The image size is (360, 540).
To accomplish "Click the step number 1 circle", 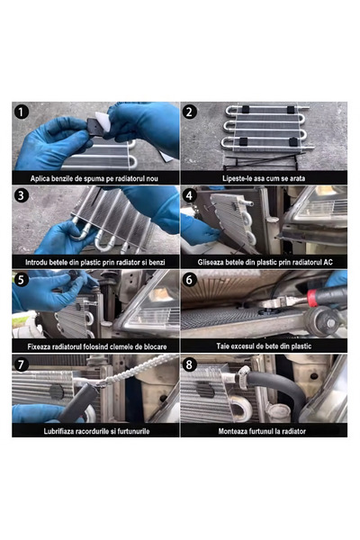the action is tap(22, 112).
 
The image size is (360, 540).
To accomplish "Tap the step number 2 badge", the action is tap(190, 112).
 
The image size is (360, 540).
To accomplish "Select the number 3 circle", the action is tap(22, 195).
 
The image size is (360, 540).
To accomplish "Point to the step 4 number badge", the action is tap(190, 195).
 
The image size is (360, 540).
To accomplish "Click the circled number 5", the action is tap(22, 280).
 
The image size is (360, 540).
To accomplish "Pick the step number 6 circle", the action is tap(190, 280).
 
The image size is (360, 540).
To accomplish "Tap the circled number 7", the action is tap(22, 364).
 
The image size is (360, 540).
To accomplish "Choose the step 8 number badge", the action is tap(190, 364).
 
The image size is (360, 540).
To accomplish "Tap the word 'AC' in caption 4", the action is tap(328, 263).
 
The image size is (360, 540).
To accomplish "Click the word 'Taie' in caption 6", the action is tap(222, 346).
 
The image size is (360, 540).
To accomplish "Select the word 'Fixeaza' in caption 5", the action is tap(38, 346).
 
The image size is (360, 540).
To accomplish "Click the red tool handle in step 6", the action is tap(312, 298).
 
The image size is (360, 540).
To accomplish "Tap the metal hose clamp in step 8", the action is tap(244, 377).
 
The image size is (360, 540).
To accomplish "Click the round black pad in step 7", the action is tap(57, 391).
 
